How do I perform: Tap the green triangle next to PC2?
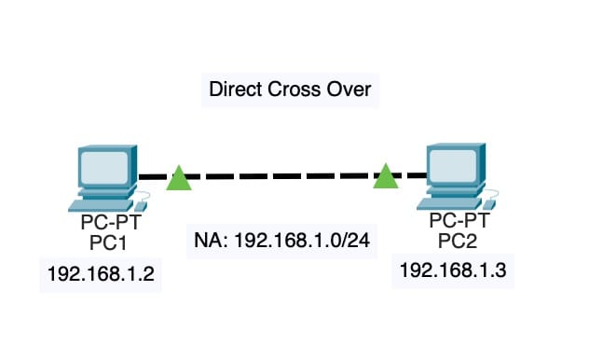click(x=385, y=175)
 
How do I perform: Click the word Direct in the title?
click(x=235, y=90)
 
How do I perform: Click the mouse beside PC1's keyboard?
click(x=141, y=203)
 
